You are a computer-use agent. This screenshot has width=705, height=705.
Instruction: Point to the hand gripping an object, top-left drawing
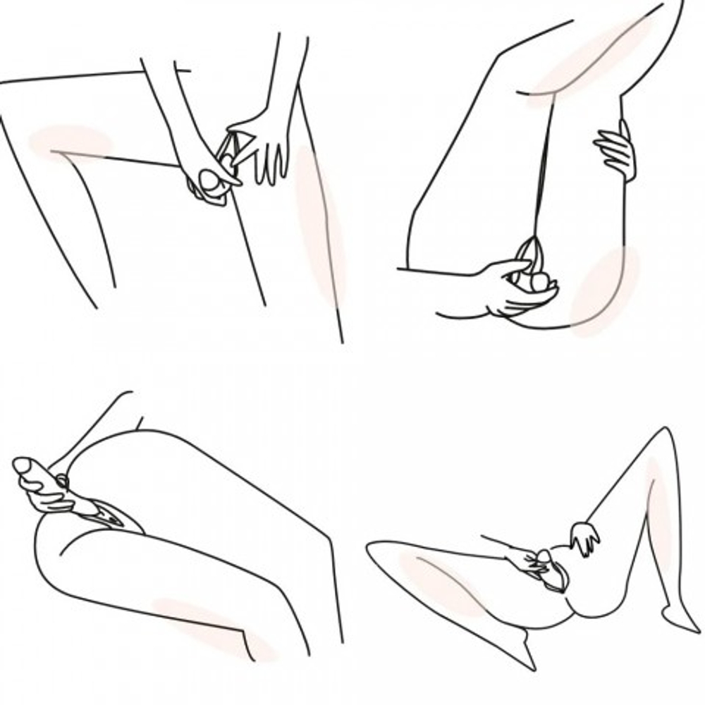204,176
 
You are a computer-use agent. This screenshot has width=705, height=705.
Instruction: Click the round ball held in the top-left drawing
211,181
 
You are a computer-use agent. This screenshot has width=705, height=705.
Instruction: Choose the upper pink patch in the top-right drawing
592,60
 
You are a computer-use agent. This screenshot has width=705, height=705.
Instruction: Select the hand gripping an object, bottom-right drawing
525,560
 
